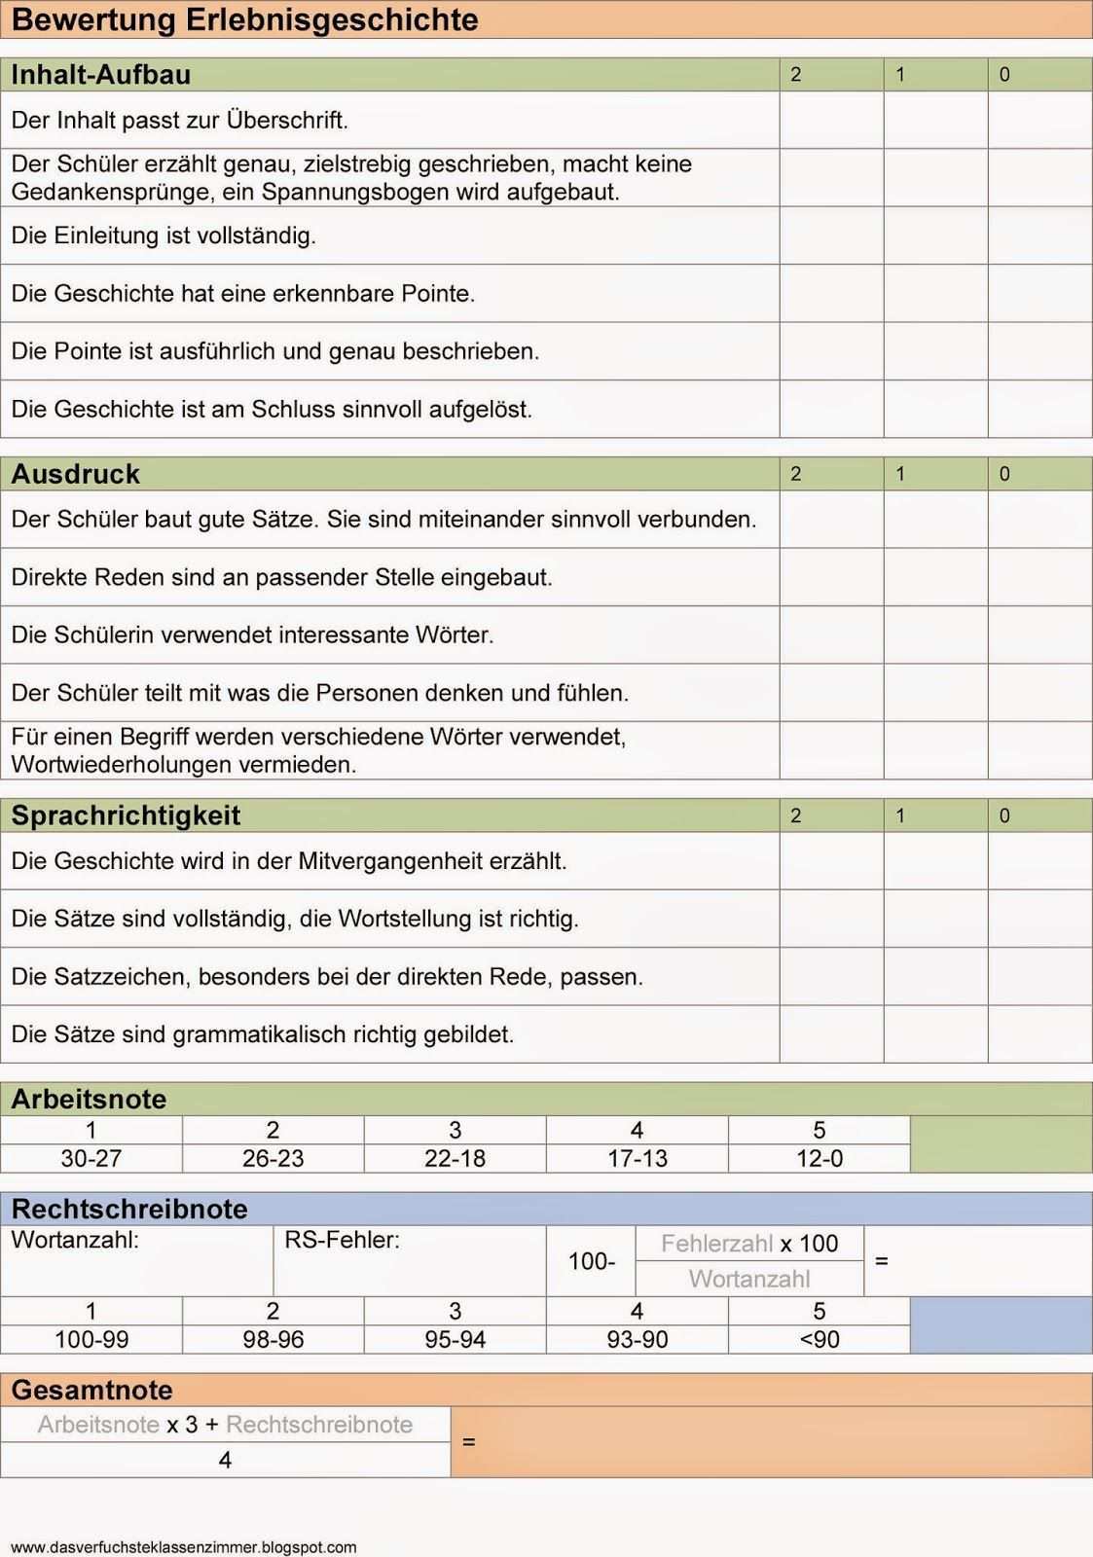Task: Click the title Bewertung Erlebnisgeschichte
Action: tap(244, 19)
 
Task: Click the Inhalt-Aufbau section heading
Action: tap(100, 75)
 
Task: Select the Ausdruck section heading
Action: tap(75, 474)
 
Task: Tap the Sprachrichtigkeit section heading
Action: tap(126, 815)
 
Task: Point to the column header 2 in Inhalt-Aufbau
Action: tap(796, 75)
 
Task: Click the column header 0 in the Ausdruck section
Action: tap(1004, 474)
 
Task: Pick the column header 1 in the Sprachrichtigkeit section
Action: tap(900, 815)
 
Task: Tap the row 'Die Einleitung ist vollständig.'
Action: tap(164, 235)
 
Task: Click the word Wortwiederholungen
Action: tap(117, 765)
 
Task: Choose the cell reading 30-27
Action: tap(91, 1158)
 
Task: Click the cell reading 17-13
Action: tap(638, 1158)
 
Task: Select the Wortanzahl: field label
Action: tap(75, 1240)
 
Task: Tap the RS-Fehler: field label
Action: tap(342, 1240)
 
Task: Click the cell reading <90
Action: tap(820, 1339)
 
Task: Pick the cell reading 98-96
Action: tap(273, 1339)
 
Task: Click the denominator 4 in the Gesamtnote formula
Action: tap(225, 1460)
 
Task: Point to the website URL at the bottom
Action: tap(184, 1547)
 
